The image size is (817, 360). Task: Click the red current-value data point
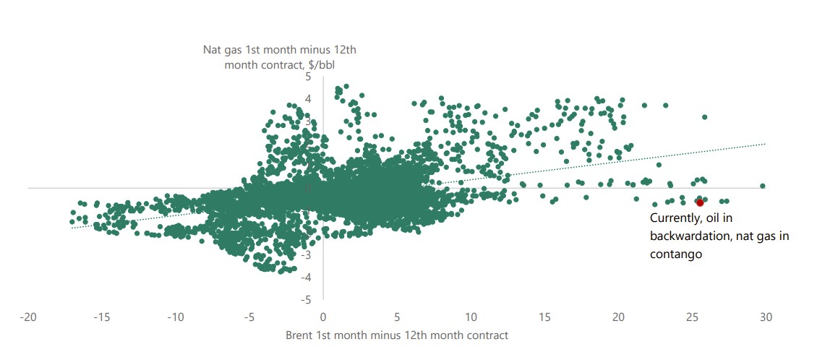point(700,203)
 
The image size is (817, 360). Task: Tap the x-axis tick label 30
point(766,317)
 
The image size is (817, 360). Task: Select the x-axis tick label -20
point(29,317)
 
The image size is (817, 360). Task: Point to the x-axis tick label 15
point(544,317)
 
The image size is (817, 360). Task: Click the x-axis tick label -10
point(176,317)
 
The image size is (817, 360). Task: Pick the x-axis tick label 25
point(692,317)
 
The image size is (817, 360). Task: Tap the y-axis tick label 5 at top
point(310,77)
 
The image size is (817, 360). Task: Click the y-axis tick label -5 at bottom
point(308,299)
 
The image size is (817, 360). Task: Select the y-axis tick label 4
point(310,99)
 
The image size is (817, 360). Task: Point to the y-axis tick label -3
point(308,254)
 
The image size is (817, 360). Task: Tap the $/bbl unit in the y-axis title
point(322,65)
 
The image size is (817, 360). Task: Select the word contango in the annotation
point(676,254)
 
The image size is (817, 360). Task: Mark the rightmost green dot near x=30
point(763,186)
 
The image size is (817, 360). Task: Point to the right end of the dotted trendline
point(765,144)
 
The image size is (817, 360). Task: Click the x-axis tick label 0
point(323,317)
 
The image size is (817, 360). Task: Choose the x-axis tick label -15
point(102,317)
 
